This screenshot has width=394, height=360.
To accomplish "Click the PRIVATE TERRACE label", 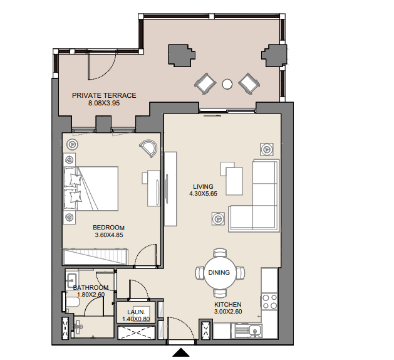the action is tap(104, 95).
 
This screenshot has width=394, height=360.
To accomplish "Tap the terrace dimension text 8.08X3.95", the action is tap(104, 103).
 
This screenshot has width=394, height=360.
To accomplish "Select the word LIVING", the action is tap(203, 187).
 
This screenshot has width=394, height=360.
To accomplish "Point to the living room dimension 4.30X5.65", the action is tap(203, 194).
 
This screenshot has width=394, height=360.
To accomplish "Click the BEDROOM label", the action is tap(108, 228).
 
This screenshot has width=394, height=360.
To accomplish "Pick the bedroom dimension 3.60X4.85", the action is tap(109, 235).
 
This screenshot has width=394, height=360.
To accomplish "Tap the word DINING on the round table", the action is tap(219, 272).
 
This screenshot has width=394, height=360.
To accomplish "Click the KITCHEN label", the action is tap(227, 304).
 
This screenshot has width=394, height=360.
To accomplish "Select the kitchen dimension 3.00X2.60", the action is tap(228, 312).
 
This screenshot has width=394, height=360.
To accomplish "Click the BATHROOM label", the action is tap(91, 287).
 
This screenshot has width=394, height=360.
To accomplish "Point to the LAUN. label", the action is tap(136, 312).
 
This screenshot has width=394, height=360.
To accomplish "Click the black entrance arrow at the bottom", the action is tap(180, 352).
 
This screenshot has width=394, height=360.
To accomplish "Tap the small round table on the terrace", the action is tap(227, 84).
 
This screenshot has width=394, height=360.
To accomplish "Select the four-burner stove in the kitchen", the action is tap(269, 302).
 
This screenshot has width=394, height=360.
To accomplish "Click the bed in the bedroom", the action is tap(91, 188).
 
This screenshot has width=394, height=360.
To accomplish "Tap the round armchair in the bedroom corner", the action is tap(148, 148).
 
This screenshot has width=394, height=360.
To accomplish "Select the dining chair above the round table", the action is tap(220, 253).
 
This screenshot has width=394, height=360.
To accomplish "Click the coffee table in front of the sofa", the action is tap(234, 181).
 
